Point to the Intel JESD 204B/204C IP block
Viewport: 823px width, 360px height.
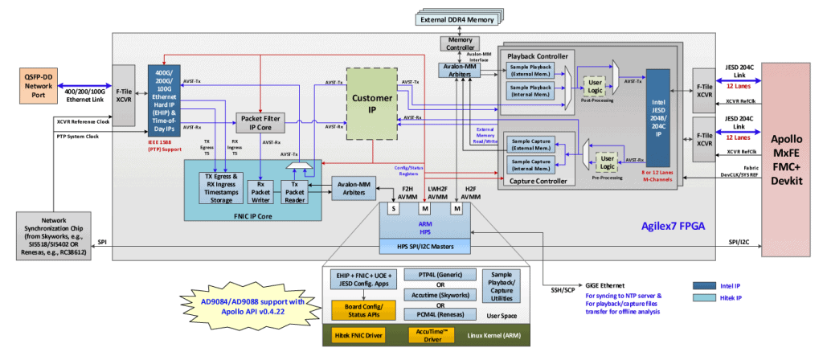click(657, 121)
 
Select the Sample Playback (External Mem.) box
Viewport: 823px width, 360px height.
click(532, 72)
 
